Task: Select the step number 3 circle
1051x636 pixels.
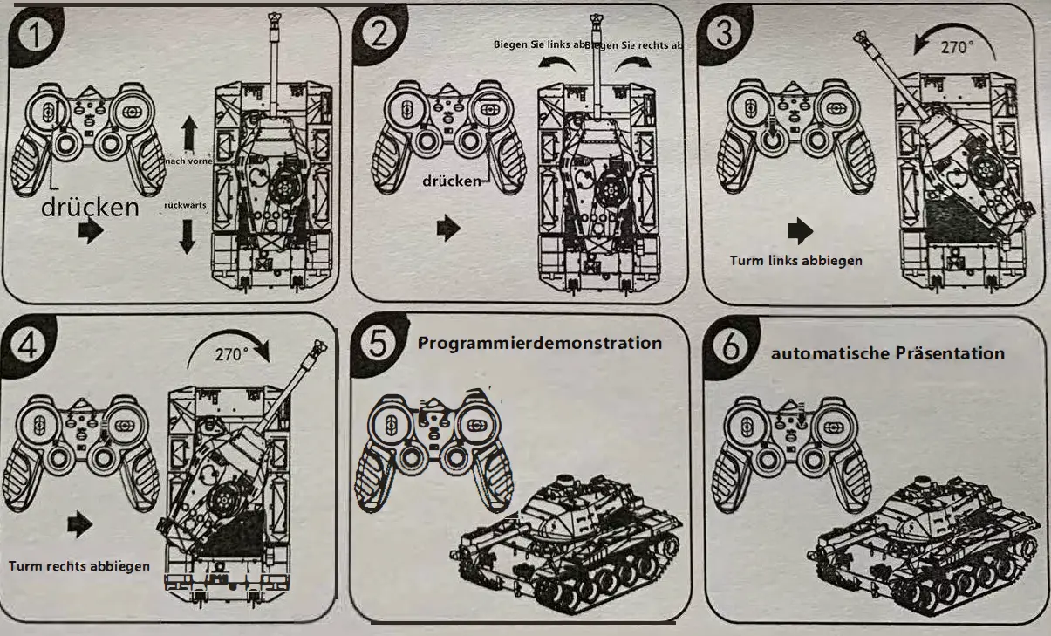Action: (x=724, y=33)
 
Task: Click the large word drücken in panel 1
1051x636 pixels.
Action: (x=90, y=208)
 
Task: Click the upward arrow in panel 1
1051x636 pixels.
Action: (x=188, y=135)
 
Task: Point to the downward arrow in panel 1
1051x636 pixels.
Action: (x=187, y=236)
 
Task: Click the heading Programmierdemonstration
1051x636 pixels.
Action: (x=539, y=343)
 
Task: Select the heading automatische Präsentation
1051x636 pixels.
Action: (x=887, y=353)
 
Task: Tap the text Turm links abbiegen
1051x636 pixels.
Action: (x=796, y=260)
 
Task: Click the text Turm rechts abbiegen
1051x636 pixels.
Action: (x=79, y=565)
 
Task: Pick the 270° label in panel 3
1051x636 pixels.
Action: (x=956, y=47)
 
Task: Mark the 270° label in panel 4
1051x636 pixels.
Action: (x=231, y=353)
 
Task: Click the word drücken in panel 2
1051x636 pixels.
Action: (x=452, y=181)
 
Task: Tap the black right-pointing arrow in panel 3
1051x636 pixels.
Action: (x=800, y=230)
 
